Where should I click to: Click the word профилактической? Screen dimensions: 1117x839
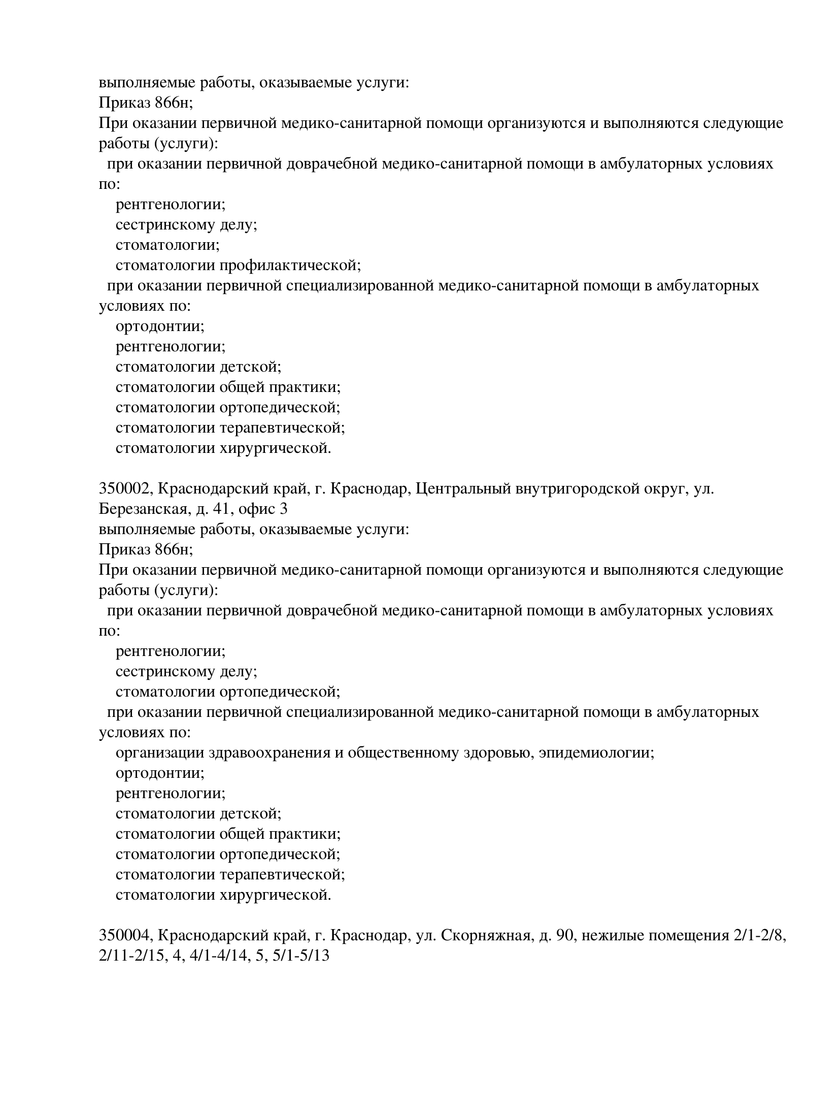pos(290,265)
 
